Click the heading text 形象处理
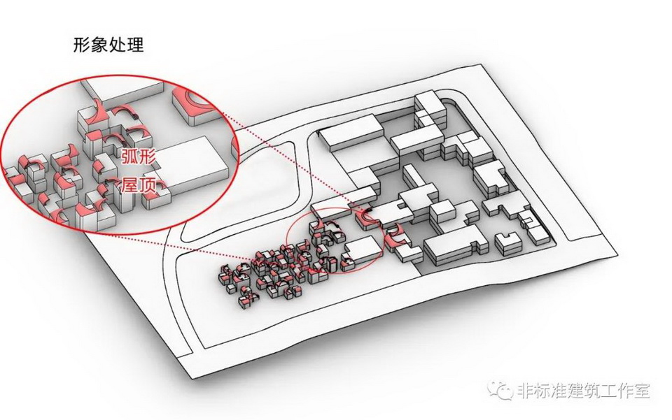(x=108, y=45)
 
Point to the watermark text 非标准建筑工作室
(x=583, y=389)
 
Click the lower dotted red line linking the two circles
(x=231, y=241)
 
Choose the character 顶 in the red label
(x=146, y=185)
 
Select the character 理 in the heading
(x=134, y=45)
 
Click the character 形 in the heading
(x=81, y=45)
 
